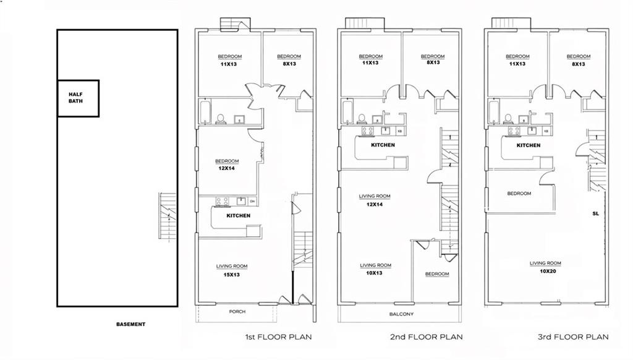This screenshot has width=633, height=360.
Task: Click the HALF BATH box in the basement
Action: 79,98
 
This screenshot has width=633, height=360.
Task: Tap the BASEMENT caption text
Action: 130,324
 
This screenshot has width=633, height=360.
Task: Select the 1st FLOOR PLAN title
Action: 278,337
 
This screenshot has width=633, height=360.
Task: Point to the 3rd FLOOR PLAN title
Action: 573,337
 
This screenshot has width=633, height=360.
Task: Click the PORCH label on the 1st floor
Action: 237,312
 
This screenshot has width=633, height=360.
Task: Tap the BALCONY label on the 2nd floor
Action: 401,314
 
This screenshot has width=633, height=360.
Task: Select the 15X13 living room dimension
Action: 232,275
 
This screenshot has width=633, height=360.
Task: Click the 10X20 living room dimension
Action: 545,272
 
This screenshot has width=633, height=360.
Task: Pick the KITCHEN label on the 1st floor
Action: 238,216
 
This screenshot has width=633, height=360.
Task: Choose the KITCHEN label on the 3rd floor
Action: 529,145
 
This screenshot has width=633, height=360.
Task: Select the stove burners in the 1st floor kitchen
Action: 221,200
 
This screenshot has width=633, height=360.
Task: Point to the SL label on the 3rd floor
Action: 596,213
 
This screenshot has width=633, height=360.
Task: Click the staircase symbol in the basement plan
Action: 165,216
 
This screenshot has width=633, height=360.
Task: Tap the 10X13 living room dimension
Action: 375,273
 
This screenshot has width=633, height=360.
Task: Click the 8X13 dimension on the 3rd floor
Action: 579,64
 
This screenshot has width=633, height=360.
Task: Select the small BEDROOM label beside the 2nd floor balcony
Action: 437,274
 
